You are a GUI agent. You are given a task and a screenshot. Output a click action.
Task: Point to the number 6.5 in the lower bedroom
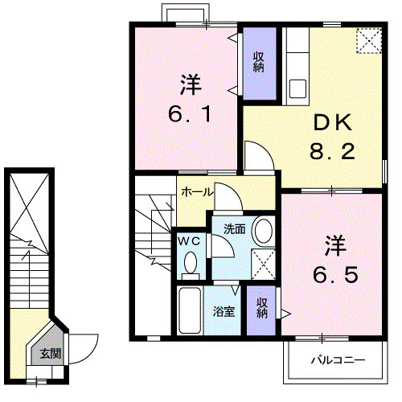click(334, 273)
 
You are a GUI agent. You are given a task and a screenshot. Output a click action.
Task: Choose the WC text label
click(189, 240)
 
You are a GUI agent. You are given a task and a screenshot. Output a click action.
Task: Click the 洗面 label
click(234, 228)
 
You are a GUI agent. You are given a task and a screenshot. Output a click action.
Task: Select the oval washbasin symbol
click(263, 232)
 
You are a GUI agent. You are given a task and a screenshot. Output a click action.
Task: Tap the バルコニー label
click(338, 360)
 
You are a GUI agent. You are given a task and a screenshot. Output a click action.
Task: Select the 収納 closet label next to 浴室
click(262, 307)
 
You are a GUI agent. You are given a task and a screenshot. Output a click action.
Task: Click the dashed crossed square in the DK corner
click(368, 40)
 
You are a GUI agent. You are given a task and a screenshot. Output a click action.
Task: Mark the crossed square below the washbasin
click(261, 262)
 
